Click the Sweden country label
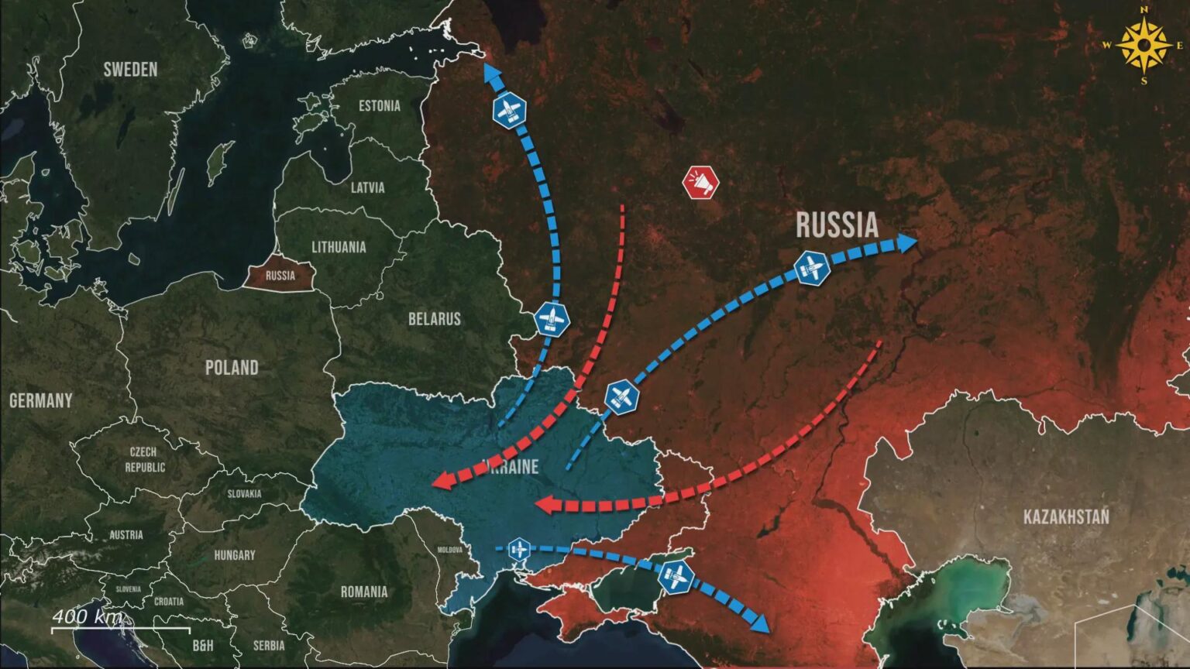(130, 69)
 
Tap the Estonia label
(380, 105)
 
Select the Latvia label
(367, 187)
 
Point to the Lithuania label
(339, 247)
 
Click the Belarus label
(435, 319)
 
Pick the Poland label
(232, 367)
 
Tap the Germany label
(40, 400)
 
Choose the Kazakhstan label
(1066, 516)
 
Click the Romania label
(364, 592)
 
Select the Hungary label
(234, 555)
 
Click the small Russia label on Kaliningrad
(280, 276)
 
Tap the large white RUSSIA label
(837, 225)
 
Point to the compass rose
(1144, 45)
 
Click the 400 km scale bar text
(88, 617)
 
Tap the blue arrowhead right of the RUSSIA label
(906, 243)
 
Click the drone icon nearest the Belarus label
(552, 319)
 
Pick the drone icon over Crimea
(676, 577)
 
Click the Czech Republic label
(145, 459)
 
